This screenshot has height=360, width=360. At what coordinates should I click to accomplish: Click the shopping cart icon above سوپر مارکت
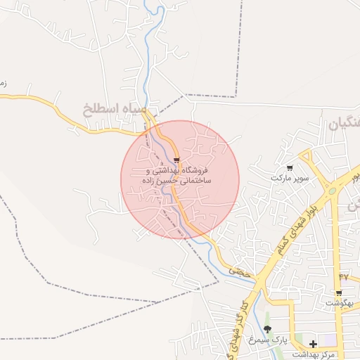point(290,168)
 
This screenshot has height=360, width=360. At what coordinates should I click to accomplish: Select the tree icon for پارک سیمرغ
point(266,328)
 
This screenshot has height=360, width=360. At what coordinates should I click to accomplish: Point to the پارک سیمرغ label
point(272,340)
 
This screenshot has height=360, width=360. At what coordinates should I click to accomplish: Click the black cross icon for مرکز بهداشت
point(313,344)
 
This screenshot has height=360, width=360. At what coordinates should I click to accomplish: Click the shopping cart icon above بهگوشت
point(338,292)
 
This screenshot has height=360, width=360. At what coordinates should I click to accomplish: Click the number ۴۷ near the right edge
point(344,277)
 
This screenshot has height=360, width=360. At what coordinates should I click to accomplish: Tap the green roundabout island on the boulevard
point(330,190)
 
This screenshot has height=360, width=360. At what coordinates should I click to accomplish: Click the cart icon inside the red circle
point(176,160)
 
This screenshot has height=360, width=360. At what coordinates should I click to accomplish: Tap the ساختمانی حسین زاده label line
point(177,181)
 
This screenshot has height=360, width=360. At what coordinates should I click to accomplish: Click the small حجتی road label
point(239,270)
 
